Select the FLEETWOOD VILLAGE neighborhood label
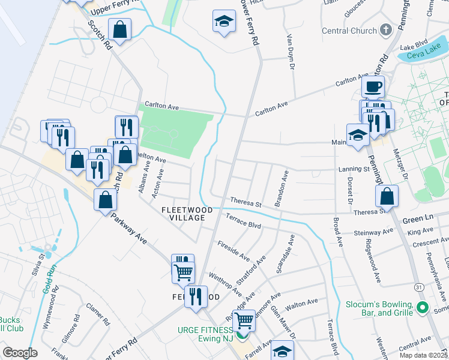coord(183,213)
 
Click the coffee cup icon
coord(373,87)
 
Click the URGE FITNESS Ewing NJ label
coord(206,335)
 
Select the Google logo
coord(20,352)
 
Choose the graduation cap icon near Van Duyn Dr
coord(224,22)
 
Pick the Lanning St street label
coord(354,170)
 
